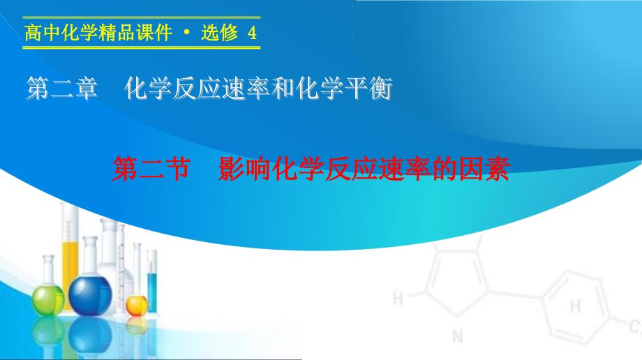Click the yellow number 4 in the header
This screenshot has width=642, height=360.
(252, 32)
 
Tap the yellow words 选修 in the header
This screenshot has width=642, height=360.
(219, 32)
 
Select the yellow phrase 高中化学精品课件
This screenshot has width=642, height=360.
(98, 32)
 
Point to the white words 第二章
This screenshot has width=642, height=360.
(62, 88)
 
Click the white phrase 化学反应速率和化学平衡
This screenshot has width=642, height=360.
(258, 88)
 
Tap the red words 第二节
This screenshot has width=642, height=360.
(151, 169)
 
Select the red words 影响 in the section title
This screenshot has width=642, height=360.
(244, 169)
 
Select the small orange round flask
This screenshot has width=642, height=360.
(136, 306)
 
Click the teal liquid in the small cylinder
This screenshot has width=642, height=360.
(152, 292)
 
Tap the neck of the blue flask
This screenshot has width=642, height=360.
(90, 256)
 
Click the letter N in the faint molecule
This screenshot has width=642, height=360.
(458, 337)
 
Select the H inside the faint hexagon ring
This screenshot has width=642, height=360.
(575, 306)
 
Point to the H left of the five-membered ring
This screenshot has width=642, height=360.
(398, 298)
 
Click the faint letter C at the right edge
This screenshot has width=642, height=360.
(634, 327)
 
